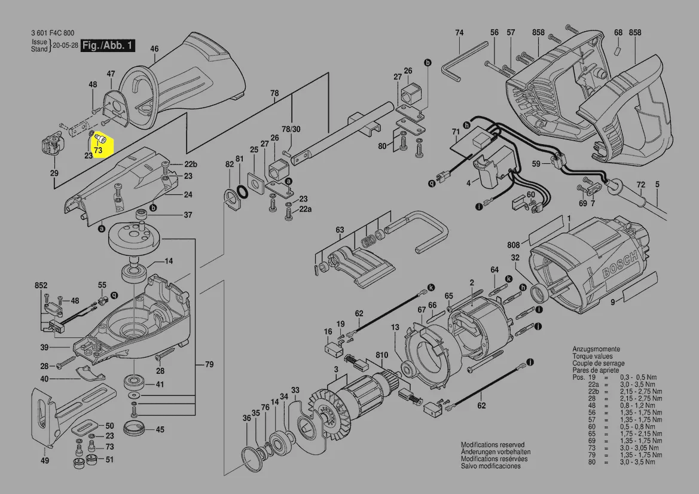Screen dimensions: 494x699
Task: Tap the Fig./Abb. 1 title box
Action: coord(108,46)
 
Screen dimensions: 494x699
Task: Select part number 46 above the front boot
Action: coord(154,49)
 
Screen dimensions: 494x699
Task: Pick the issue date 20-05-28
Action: coord(66,45)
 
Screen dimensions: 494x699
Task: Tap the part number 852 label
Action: coord(41,286)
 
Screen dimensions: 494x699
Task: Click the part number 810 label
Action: coord(381,355)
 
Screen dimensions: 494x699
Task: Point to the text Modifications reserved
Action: coord(492,445)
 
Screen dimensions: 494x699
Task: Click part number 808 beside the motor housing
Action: coord(514,244)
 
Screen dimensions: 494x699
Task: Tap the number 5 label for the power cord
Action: coord(657,185)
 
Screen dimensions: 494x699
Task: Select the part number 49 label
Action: coord(45,461)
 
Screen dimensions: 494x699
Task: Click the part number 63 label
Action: coord(340,230)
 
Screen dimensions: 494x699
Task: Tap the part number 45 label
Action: coord(160,429)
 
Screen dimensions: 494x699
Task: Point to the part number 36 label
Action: coord(246,419)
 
